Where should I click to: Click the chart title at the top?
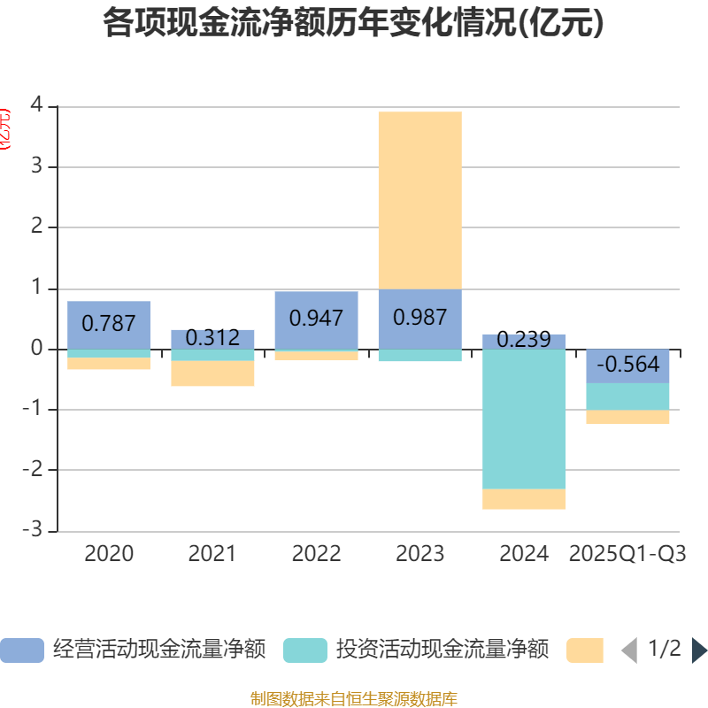(x=353, y=23)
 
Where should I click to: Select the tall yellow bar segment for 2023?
(x=419, y=199)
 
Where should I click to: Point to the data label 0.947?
(x=316, y=318)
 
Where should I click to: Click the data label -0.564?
(x=627, y=365)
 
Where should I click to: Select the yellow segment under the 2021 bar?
(x=212, y=373)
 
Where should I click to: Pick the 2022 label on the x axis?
(x=316, y=554)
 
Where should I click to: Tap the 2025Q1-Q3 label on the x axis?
(x=627, y=554)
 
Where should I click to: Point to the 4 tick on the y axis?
(x=36, y=105)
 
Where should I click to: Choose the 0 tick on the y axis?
(x=36, y=349)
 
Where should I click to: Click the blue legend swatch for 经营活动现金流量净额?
(x=21, y=650)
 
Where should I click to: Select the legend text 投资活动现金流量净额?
(x=442, y=650)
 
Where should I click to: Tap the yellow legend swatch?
(x=585, y=650)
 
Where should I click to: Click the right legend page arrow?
(x=699, y=650)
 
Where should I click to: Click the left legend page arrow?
(x=628, y=650)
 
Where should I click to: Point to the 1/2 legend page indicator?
(x=664, y=650)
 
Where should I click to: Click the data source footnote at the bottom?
(x=353, y=699)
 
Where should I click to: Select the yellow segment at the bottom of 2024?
(x=524, y=499)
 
